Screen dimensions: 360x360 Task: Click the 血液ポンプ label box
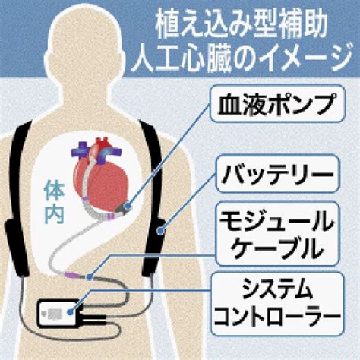tap(277, 103)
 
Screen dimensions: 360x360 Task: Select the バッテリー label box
tap(277, 174)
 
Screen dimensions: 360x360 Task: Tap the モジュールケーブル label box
tap(277, 234)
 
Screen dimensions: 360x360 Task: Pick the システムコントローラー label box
tap(277, 304)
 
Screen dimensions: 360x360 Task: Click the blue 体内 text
tap(54, 202)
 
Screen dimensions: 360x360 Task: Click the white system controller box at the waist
tap(58, 314)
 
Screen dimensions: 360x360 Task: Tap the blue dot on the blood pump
tap(128, 206)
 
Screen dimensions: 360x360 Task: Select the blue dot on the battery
tap(159, 231)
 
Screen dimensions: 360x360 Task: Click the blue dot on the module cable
tap(89, 276)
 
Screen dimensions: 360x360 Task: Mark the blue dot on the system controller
tap(70, 312)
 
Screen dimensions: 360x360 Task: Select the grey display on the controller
tap(55, 314)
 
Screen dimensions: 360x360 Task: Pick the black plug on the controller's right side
tap(93, 319)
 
